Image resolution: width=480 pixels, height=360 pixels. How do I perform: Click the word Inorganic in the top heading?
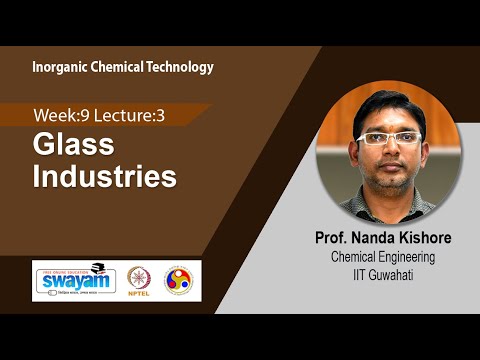click(x=63, y=67)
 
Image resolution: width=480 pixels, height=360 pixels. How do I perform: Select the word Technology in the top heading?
click(x=183, y=67)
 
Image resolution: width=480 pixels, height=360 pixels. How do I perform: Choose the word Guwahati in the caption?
click(x=401, y=274)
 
